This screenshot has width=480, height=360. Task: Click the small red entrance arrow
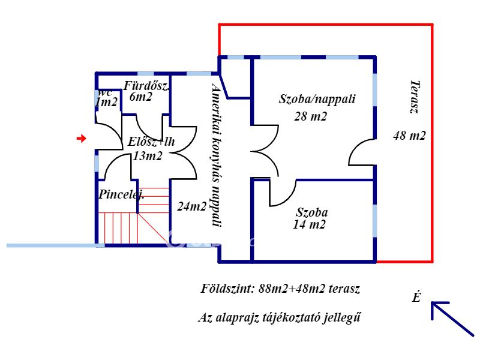(x=81, y=139)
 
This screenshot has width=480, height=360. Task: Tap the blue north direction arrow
(x=452, y=319)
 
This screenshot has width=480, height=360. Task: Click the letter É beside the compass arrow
(x=416, y=296)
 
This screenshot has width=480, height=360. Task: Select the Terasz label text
(x=415, y=97)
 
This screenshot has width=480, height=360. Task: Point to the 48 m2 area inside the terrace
(x=409, y=136)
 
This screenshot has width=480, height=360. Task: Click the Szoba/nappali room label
(x=317, y=99)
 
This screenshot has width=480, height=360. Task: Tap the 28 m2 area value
(x=310, y=116)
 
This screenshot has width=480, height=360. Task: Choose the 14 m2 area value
(x=309, y=224)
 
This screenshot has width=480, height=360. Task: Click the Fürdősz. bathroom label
(x=146, y=86)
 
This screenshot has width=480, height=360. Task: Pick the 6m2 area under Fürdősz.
(x=140, y=97)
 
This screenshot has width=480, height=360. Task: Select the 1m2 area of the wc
(x=106, y=102)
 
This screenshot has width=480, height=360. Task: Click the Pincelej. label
(x=122, y=194)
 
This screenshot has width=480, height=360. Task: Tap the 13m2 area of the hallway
(x=147, y=156)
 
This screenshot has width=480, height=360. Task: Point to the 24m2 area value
(x=192, y=206)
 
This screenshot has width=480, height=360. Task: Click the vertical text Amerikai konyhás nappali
(x=217, y=155)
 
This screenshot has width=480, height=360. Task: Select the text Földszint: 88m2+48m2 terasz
(x=280, y=289)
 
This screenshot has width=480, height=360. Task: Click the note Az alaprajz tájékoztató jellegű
(x=279, y=317)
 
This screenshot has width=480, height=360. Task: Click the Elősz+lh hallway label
(x=151, y=142)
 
